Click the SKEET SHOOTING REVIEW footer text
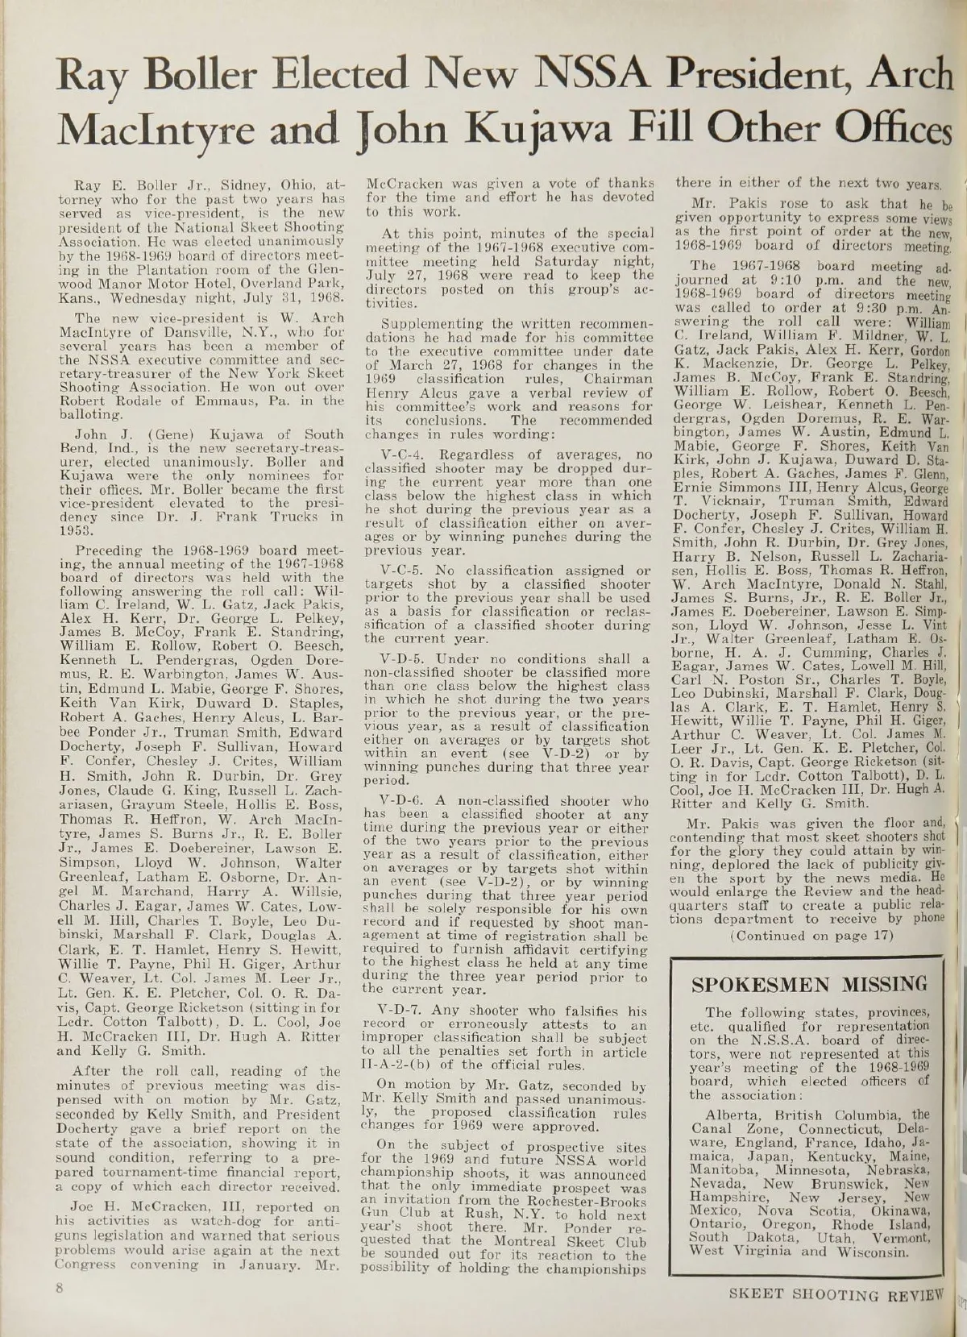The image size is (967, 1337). click(835, 1298)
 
